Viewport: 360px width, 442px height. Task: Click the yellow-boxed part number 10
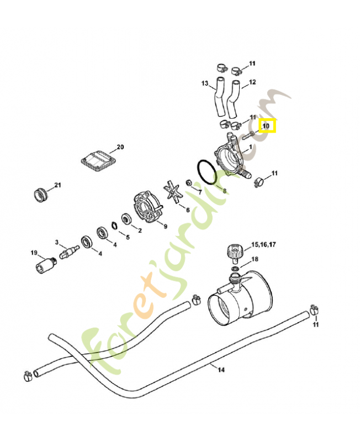pos(267,126)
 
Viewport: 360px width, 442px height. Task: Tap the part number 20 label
pos(120,148)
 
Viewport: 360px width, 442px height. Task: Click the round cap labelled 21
pos(40,194)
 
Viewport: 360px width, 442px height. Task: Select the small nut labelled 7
pos(189,182)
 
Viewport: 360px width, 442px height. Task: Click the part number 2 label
pos(140,230)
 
